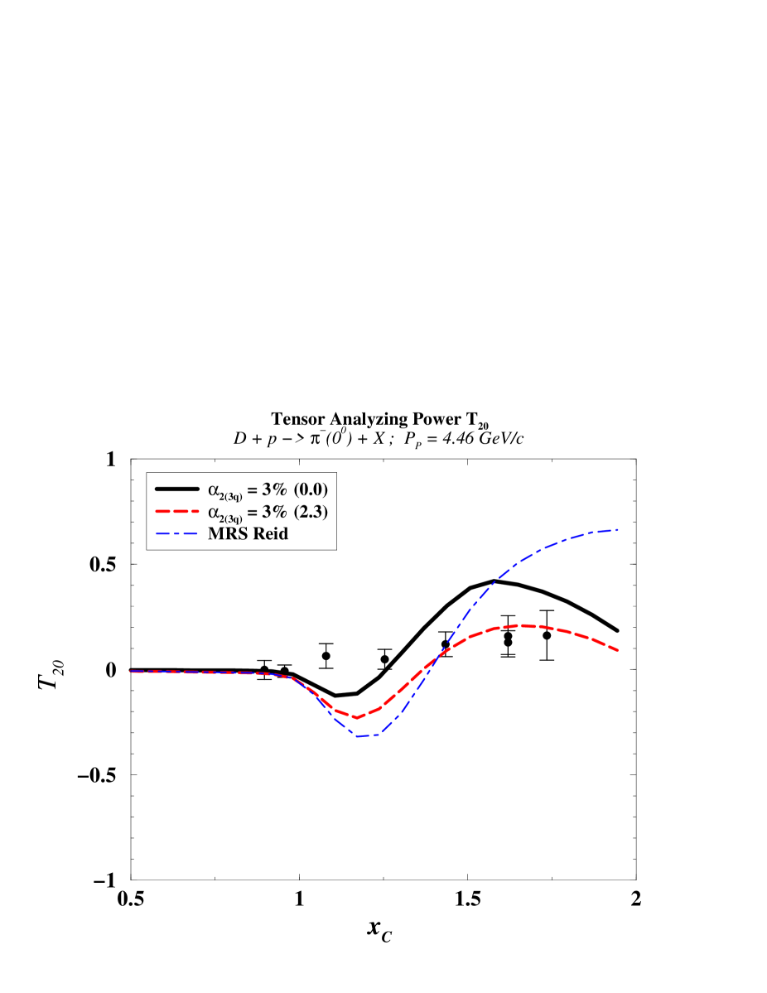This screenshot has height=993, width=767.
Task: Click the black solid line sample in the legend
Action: coord(176,489)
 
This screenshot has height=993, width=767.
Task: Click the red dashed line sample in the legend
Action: coord(176,512)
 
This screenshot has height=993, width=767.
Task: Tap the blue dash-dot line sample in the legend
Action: coord(176,534)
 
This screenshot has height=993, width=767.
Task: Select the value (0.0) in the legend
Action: coord(308,489)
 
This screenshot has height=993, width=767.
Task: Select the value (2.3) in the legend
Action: coord(308,512)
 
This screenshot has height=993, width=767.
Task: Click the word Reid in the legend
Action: coord(268,534)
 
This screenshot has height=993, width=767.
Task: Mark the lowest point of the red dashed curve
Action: coord(355,717)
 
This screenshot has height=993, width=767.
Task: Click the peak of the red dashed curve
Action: coord(521,625)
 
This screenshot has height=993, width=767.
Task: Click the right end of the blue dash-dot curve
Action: coord(619,529)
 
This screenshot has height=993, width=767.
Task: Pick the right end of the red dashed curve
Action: coord(619,651)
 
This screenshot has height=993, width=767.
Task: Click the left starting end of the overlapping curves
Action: coord(131,672)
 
